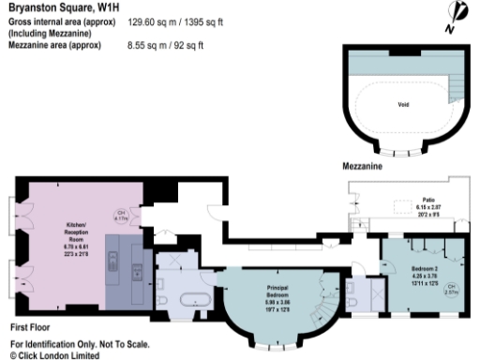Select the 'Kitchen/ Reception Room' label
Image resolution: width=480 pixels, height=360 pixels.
78,232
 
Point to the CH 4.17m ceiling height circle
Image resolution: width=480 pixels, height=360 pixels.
121,213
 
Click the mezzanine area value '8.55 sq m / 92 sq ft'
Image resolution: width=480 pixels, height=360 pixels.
165,44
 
